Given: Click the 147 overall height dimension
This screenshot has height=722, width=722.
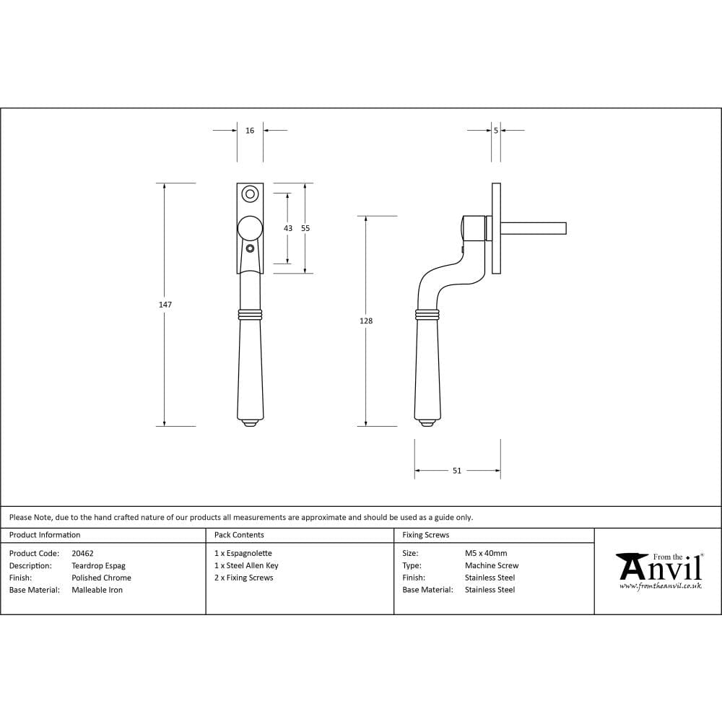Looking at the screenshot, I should [x=165, y=305].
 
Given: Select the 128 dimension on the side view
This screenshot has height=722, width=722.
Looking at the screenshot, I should [x=366, y=321].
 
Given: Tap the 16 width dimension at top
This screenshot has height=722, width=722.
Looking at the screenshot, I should [x=250, y=131].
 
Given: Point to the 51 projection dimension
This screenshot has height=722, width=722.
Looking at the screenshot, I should [x=457, y=471].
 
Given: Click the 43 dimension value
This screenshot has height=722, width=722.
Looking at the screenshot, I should [x=288, y=228].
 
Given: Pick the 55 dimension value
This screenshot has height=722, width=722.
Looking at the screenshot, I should [x=305, y=228].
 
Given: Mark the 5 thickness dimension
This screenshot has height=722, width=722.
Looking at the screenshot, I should [x=496, y=131].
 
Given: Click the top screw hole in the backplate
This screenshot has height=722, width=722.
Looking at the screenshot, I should [x=250, y=193].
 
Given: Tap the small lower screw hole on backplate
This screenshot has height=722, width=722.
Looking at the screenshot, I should [x=250, y=248].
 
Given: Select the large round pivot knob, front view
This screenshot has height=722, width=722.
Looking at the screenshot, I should [x=250, y=227].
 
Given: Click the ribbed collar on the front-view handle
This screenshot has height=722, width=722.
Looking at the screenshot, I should [x=250, y=315].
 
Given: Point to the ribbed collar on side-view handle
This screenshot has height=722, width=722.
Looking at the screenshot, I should [x=427, y=315].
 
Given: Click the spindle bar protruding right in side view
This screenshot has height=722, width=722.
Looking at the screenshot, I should [x=534, y=228].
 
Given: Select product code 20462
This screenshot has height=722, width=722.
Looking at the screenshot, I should [x=82, y=554].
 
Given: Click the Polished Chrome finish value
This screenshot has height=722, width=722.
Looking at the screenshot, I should [x=101, y=578].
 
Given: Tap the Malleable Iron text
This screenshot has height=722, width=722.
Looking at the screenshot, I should [x=97, y=590].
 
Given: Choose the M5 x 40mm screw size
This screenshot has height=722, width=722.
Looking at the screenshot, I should [x=486, y=554].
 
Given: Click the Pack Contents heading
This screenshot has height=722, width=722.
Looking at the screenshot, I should [x=239, y=535].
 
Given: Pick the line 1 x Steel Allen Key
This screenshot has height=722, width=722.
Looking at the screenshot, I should [x=246, y=566].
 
